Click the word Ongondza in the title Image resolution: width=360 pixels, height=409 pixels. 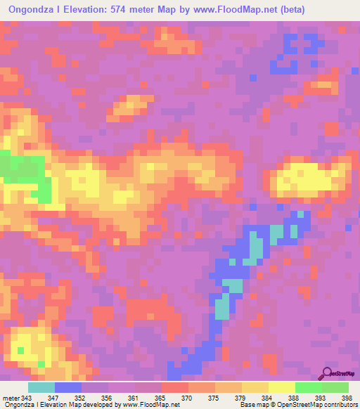[33, 10]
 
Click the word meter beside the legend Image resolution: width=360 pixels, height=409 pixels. [11, 398]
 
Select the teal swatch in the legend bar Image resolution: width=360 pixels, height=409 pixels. [41, 387]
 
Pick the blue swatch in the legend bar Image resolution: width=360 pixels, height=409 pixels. [68, 387]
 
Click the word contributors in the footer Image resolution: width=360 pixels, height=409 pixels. [336, 405]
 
